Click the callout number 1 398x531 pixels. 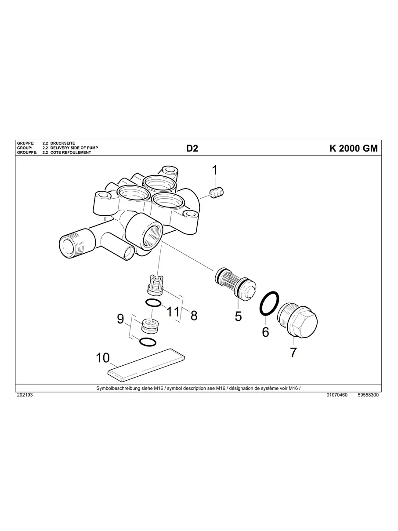(215, 171)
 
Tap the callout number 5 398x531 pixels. (238, 316)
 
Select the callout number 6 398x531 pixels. (265, 332)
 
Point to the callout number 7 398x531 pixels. (293, 353)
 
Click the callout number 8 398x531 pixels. (194, 315)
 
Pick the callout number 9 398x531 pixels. (120, 319)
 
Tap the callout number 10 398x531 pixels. (103, 358)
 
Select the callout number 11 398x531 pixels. (174, 312)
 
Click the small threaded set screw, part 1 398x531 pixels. (218, 193)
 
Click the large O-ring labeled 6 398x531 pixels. (269, 303)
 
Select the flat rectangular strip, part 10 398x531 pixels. (147, 363)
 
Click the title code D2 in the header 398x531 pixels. (192, 149)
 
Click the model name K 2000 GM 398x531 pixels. (353, 149)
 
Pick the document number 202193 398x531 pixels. (25, 395)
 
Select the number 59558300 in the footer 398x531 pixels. (368, 395)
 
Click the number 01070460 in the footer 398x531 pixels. (337, 395)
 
